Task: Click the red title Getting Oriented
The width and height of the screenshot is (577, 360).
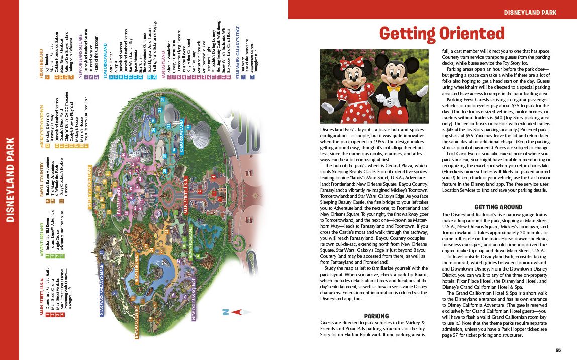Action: click(442, 33)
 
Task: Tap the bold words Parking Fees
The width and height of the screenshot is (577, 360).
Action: click(458, 100)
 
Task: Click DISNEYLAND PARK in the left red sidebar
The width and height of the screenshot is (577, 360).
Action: click(10, 179)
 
